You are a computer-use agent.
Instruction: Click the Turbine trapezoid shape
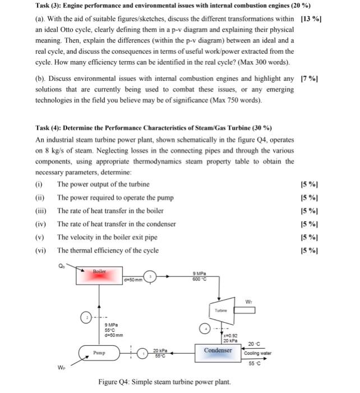[x=219, y=309]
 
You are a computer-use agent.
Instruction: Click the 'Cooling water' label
[x=257, y=353]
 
